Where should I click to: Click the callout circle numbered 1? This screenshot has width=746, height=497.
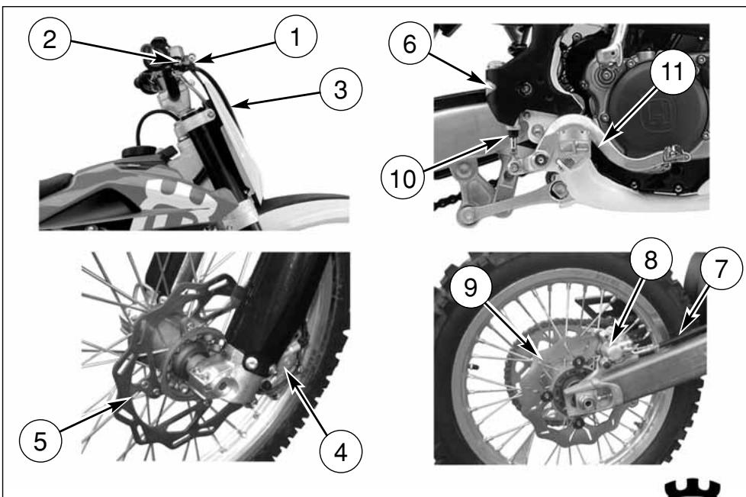295,37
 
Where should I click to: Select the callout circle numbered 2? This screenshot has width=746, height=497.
50,39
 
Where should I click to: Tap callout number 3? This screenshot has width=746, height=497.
341,89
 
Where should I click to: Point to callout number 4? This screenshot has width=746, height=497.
341,452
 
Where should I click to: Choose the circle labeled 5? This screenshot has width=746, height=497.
40,441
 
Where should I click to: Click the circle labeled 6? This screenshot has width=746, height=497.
410,44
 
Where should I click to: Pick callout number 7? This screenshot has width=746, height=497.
722,269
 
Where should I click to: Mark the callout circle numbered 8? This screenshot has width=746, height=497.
651,260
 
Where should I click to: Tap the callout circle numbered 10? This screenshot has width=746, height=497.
403,179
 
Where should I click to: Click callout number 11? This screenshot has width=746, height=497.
672,72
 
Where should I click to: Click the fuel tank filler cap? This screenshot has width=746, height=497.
137,153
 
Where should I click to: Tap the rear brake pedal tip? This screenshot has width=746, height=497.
676,153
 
